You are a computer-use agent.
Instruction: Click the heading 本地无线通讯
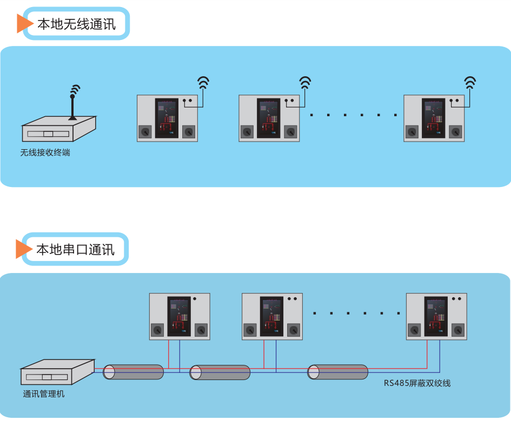pos(76,24)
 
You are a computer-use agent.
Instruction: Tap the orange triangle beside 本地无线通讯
pos(24,23)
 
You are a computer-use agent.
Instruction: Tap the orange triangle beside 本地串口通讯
pos(23,249)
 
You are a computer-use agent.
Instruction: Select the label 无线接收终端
pos(45,153)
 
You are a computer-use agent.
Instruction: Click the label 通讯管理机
pos(43,394)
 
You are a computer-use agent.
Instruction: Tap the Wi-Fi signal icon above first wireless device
pos(203,82)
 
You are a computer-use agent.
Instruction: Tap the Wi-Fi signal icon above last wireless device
pos(470,82)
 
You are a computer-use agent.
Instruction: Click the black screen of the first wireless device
pos(167,118)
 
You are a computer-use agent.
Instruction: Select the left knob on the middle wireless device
pos(248,131)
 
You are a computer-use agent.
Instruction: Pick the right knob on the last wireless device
pos(456,131)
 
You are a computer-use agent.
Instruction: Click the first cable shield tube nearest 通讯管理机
pos(133,372)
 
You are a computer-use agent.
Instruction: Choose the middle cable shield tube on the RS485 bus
pos(220,372)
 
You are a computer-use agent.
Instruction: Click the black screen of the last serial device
pos(436,316)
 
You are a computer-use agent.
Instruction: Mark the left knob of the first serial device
pos(158,330)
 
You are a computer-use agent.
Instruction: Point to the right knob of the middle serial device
pos(293,330)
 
